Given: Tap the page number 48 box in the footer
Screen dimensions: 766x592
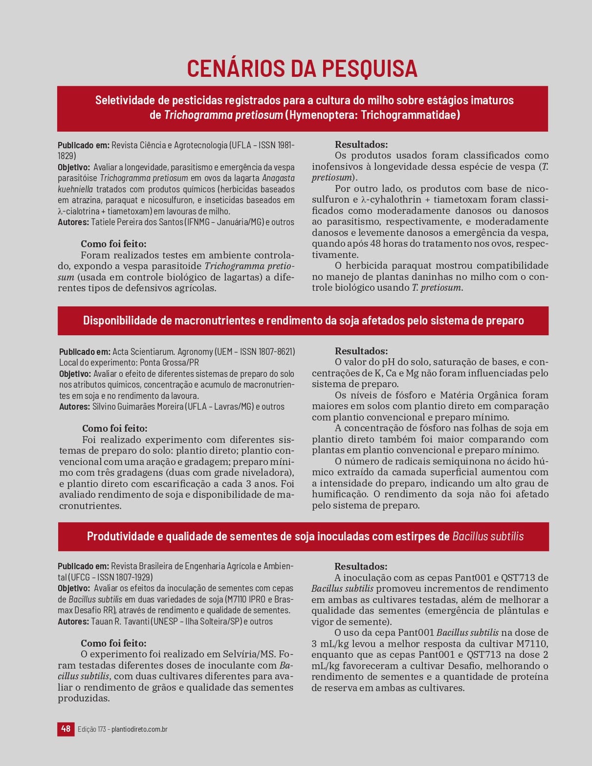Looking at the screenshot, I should pyautogui.click(x=66, y=729).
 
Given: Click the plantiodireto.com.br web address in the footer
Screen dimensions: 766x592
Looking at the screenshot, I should pyautogui.click(x=139, y=729).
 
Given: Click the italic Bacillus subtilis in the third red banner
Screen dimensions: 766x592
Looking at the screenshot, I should pyautogui.click(x=488, y=536).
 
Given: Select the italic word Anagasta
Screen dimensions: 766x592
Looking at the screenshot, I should pyautogui.click(x=278, y=178).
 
